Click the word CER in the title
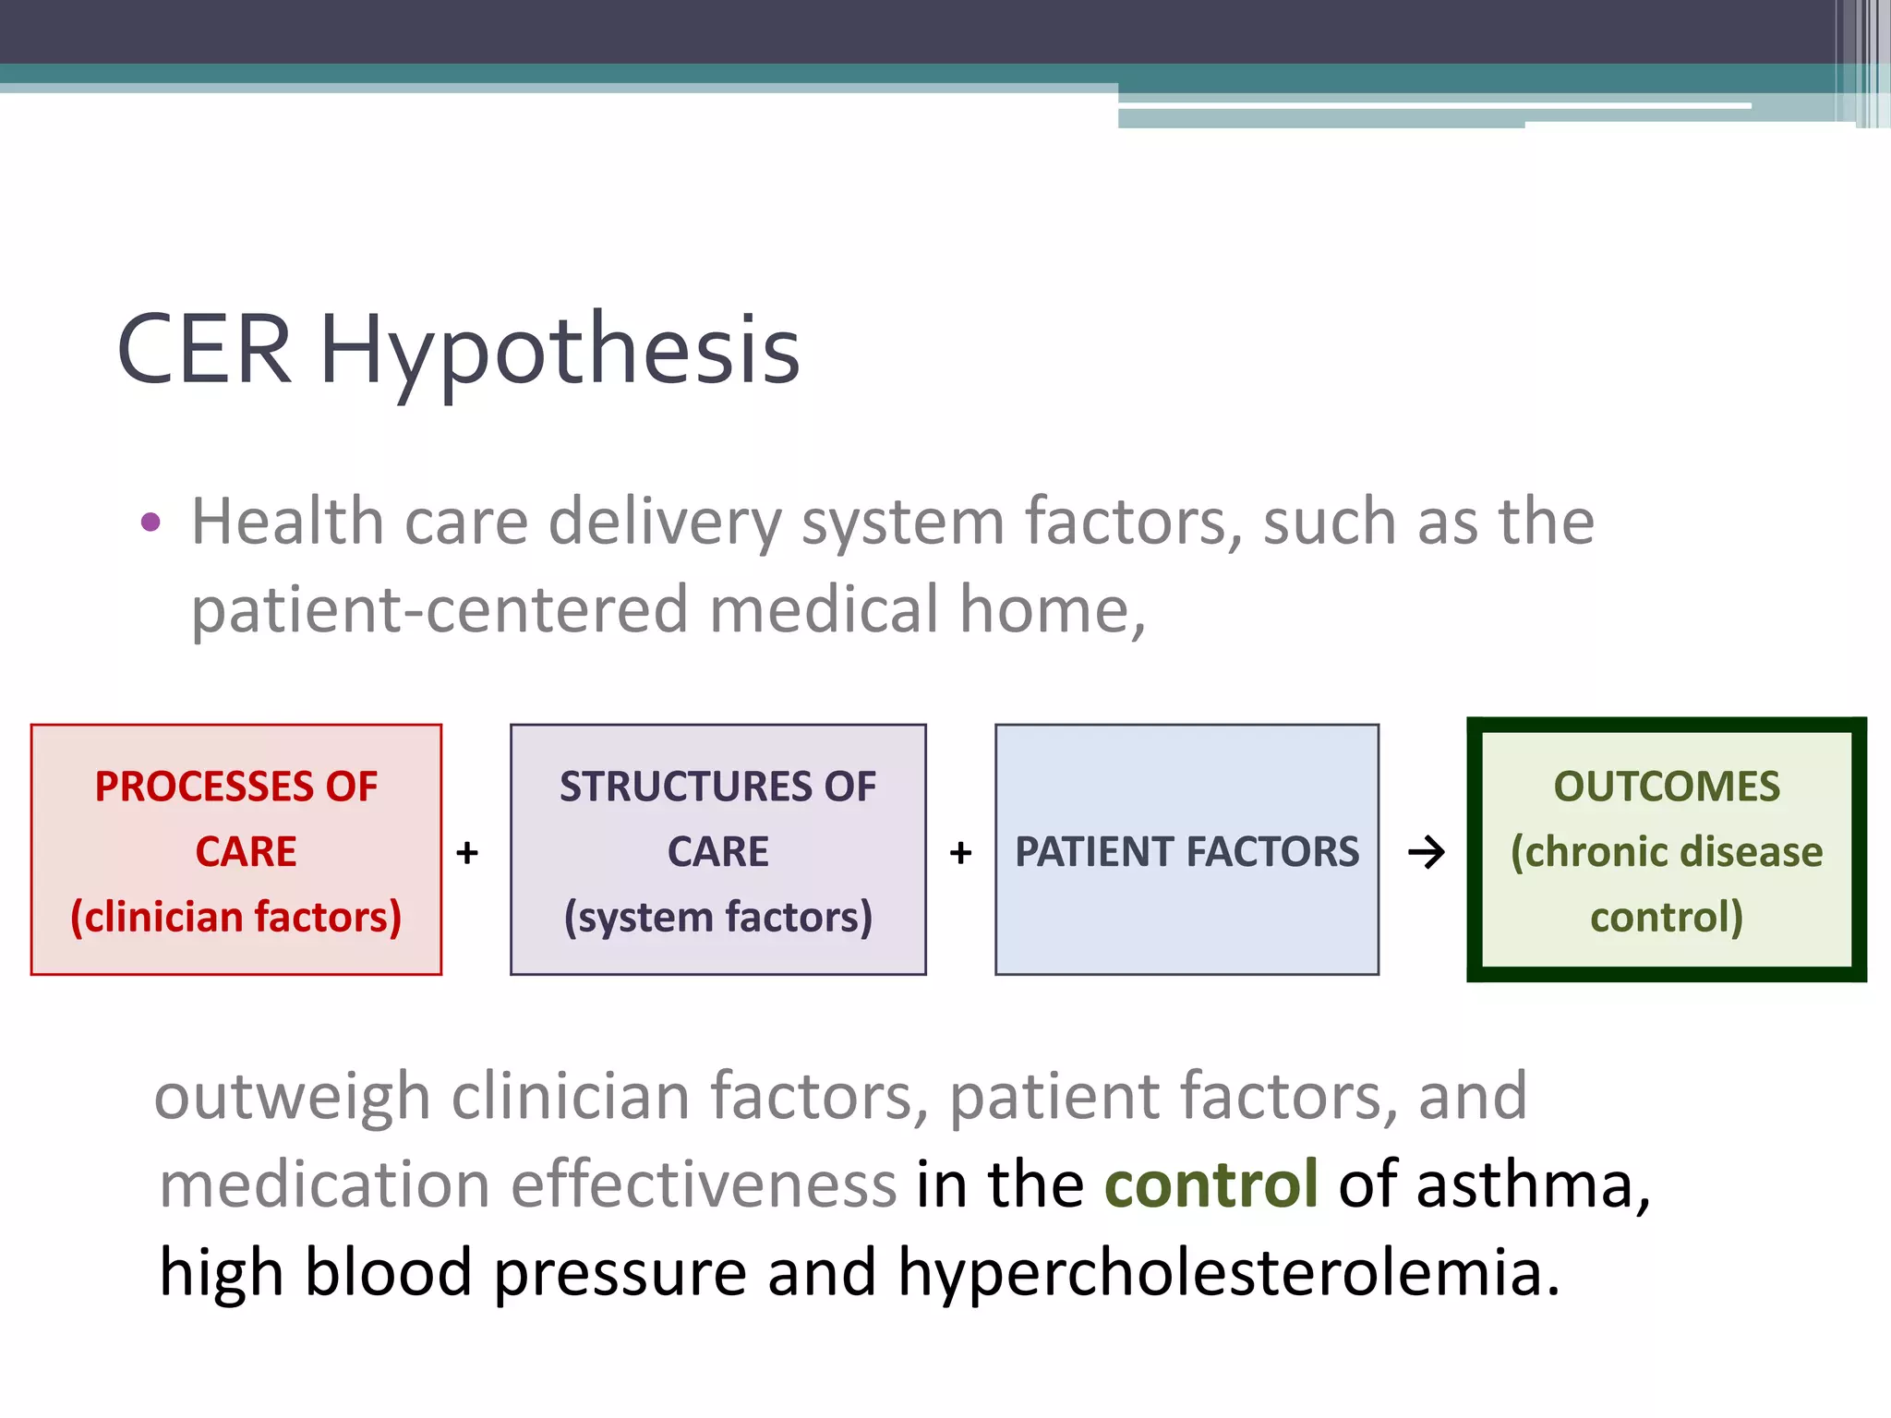(204, 350)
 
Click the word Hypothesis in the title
(560, 350)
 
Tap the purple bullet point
(151, 523)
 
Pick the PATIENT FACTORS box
(1186, 850)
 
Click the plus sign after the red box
(467, 852)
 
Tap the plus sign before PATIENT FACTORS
(960, 852)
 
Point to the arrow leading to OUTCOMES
(1426, 852)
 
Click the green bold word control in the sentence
(1210, 1184)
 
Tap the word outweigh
(292, 1097)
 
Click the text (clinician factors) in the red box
(236, 917)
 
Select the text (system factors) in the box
(717, 917)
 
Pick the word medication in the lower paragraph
(324, 1184)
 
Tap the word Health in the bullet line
(287, 523)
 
